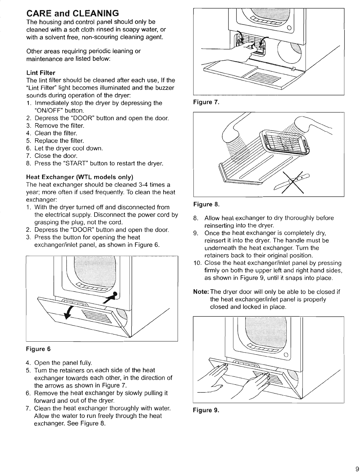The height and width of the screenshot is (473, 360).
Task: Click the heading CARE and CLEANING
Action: tap(72, 14)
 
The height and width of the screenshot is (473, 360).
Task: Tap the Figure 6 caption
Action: tap(38, 349)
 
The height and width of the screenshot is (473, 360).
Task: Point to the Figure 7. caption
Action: tap(206, 102)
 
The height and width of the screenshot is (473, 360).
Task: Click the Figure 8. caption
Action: tap(206, 204)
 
